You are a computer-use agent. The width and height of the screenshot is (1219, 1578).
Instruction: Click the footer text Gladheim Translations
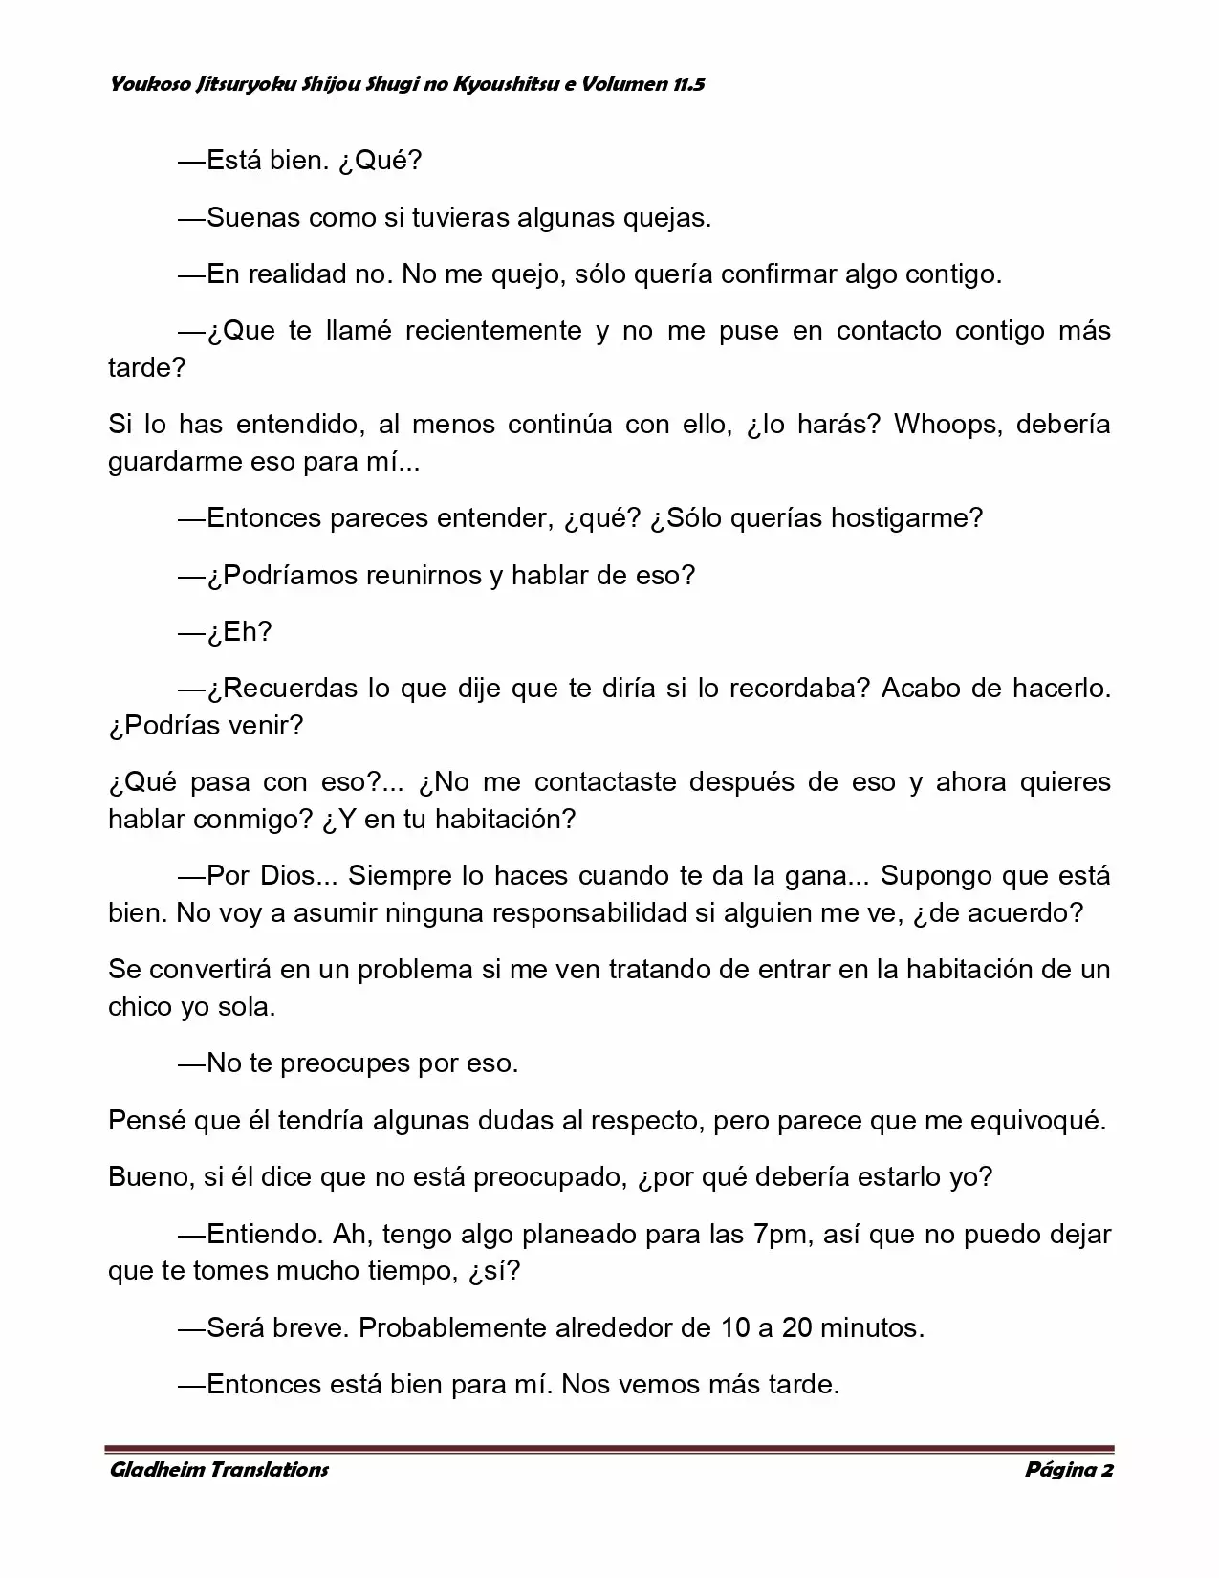coord(219,1469)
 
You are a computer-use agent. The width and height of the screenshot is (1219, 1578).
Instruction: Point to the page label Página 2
coord(1069,1469)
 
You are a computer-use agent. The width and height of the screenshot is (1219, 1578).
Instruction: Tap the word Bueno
coord(150,1176)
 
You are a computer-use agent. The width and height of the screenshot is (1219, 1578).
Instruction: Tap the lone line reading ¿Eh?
coord(239,631)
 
